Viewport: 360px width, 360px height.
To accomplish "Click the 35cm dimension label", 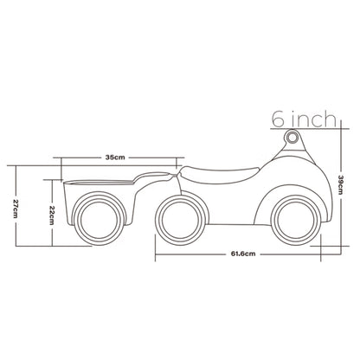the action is tap(115, 157).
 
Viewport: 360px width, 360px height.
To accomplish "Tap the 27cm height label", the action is tap(16, 209).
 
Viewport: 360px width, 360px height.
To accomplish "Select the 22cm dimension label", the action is tap(52, 215).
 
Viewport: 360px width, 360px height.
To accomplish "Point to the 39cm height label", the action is tap(340, 185).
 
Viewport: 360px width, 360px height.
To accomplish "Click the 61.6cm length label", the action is tap(243, 254).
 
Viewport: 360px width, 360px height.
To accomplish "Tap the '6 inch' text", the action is tap(305, 119).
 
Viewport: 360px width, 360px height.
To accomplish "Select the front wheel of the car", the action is tap(297, 221).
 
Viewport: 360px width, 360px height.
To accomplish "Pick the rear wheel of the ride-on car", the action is tap(181, 221).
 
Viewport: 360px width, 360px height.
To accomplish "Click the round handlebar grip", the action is tap(292, 137).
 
